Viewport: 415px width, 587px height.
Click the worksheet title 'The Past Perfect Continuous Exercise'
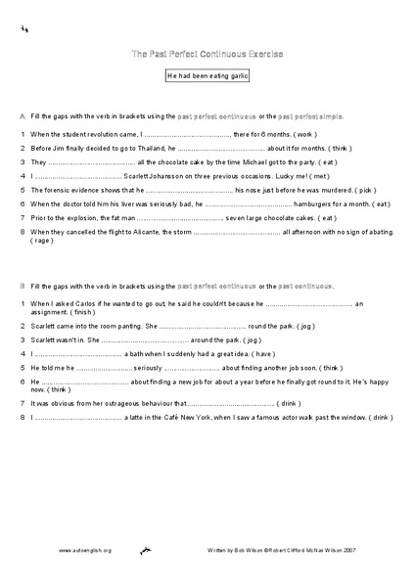pyautogui.click(x=207, y=53)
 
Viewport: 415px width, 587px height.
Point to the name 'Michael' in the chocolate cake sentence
pyautogui.click(x=257, y=161)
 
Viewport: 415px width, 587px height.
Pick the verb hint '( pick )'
pyautogui.click(x=358, y=190)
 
